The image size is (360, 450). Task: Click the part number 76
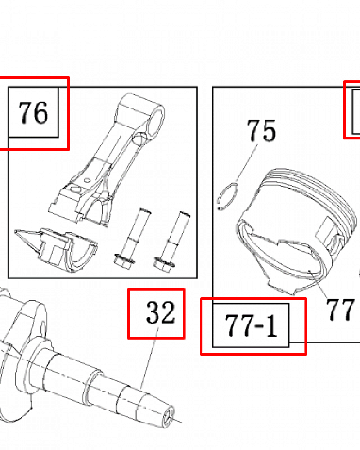click(33, 113)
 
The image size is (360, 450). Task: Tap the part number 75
click(261, 130)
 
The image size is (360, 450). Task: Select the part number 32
click(160, 312)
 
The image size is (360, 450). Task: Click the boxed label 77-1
click(251, 325)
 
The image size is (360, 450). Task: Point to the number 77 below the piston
click(340, 310)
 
